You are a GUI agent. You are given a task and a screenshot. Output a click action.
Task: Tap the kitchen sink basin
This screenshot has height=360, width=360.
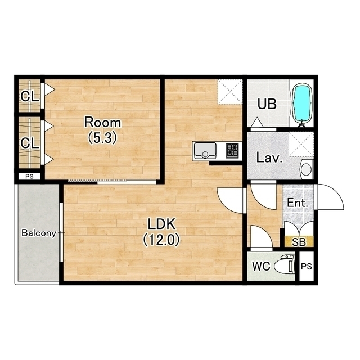pyautogui.click(x=205, y=151)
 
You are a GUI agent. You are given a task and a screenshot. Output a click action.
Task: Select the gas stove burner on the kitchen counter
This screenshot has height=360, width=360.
pyautogui.click(x=232, y=151)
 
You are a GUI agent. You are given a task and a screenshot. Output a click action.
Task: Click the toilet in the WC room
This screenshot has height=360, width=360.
pyautogui.click(x=286, y=265)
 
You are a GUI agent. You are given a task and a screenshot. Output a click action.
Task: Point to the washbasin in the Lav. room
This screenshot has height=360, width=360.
pyautogui.click(x=306, y=169)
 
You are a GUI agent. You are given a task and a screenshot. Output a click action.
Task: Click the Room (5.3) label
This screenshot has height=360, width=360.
pyautogui.click(x=102, y=130)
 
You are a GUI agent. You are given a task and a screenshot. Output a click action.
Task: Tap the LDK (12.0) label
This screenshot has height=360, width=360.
pyautogui.click(x=161, y=232)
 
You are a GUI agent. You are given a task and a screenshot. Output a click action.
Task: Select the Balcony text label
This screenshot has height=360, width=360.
pyautogui.click(x=39, y=233)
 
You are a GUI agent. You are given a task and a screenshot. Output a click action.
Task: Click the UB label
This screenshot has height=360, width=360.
pyautogui.click(x=267, y=104)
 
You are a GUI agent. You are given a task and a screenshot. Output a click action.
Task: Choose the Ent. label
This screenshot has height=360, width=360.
pyautogui.click(x=298, y=203)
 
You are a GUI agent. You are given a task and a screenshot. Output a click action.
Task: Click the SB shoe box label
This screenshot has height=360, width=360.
pyautogui.click(x=299, y=242)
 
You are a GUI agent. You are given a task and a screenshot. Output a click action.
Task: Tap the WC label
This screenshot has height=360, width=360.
pyautogui.click(x=261, y=266)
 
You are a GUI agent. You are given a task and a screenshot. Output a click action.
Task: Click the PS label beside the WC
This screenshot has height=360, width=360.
pyautogui.click(x=307, y=266)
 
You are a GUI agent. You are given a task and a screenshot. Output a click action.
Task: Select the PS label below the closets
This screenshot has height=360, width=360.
pyautogui.click(x=29, y=176)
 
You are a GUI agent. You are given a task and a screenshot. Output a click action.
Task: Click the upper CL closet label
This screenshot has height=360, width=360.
pyautogui.click(x=29, y=96)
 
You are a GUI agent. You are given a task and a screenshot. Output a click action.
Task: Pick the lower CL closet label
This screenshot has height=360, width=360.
pyautogui.click(x=29, y=143)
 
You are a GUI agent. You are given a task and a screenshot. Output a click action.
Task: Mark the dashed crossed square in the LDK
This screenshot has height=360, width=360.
pyautogui.click(x=230, y=91)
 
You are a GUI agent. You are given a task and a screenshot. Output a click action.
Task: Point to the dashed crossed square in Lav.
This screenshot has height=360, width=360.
pyautogui.click(x=301, y=144)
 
